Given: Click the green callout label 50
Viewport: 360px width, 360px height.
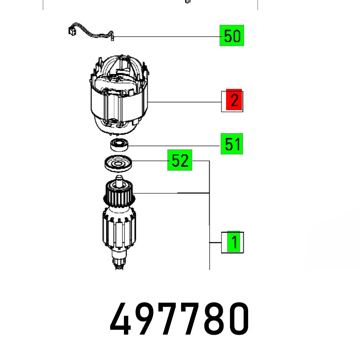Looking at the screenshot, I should [232, 36].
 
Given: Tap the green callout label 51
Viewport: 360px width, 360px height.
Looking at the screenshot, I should [232, 144].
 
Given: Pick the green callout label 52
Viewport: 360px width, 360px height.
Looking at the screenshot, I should [180, 160].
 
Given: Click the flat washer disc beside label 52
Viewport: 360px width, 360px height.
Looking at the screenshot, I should [118, 164].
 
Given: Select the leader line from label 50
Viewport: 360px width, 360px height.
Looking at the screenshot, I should [166, 37].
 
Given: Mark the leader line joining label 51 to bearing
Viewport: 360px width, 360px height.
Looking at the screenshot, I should [173, 145].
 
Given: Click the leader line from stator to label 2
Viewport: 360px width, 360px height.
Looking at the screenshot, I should [184, 102].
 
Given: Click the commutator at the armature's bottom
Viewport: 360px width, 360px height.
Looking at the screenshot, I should [119, 261].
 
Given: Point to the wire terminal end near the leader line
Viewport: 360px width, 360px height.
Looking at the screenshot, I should [112, 37].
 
